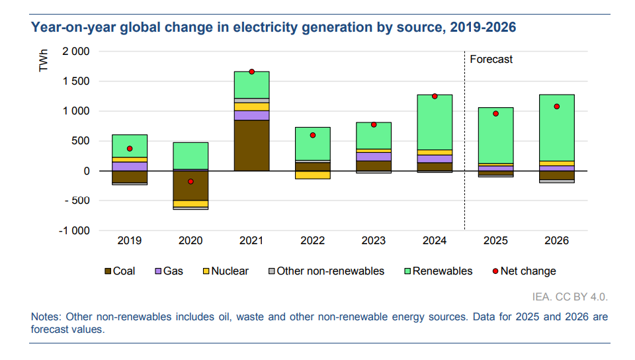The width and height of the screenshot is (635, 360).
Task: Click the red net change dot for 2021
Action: pos(251,71)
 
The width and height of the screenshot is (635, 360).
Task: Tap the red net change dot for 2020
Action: pos(190,181)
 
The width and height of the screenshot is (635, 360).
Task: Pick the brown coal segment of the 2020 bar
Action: pos(190,185)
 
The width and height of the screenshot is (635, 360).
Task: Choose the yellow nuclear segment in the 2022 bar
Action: pos(312,175)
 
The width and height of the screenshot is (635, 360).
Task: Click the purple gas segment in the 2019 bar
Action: pos(130,166)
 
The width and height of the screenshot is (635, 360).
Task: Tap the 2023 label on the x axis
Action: pos(373,241)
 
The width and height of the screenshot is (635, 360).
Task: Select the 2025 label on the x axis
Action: pos(495,241)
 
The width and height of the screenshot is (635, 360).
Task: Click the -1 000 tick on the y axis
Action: pos(73,231)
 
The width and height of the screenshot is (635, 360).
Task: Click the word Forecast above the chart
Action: pos(491,60)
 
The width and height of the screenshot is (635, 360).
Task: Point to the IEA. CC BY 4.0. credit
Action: pos(570,296)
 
